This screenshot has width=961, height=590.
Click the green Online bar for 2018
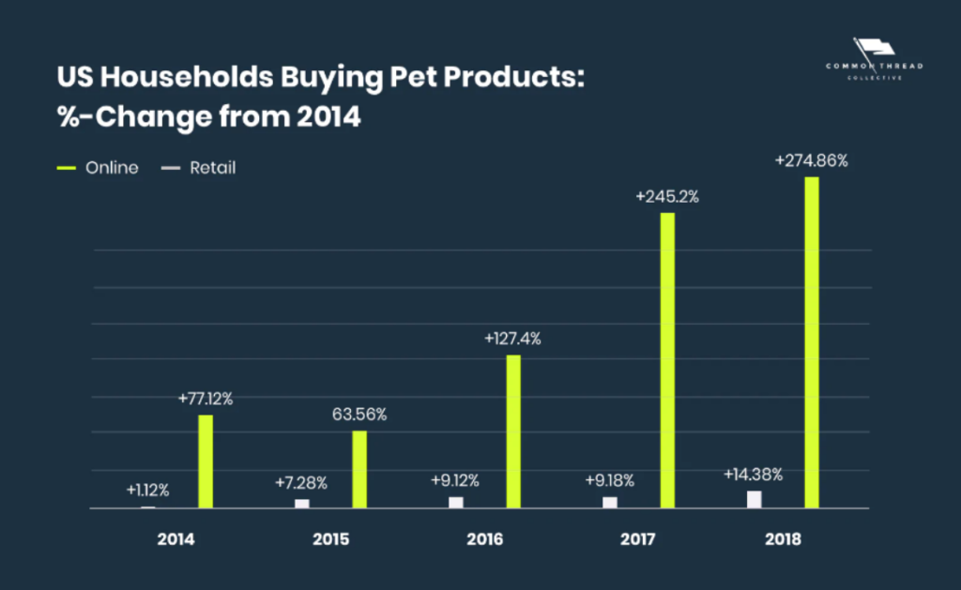coord(812,342)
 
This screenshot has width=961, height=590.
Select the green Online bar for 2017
coord(667,360)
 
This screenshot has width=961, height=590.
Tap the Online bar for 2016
coord(513,431)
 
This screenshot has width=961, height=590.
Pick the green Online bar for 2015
coord(359,469)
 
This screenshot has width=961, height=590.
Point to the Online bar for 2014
coord(206,461)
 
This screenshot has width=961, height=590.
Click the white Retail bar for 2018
coord(754,499)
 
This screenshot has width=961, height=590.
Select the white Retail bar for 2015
coord(302,504)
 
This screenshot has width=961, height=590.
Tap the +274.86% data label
coord(812,160)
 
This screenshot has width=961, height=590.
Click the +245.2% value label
coord(667,197)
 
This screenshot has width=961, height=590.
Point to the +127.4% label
coord(513,339)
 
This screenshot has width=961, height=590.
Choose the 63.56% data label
coord(359,415)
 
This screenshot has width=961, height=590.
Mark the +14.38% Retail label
coord(754,475)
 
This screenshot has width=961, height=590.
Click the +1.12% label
coord(147,491)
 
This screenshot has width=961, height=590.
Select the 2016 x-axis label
coord(485,539)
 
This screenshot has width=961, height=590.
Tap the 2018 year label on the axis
coord(783,539)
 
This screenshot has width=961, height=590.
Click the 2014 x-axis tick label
coord(175,539)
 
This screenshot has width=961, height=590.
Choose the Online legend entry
coord(98,168)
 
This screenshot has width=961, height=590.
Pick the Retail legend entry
coord(199,168)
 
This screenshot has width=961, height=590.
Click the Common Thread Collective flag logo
coord(874,59)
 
